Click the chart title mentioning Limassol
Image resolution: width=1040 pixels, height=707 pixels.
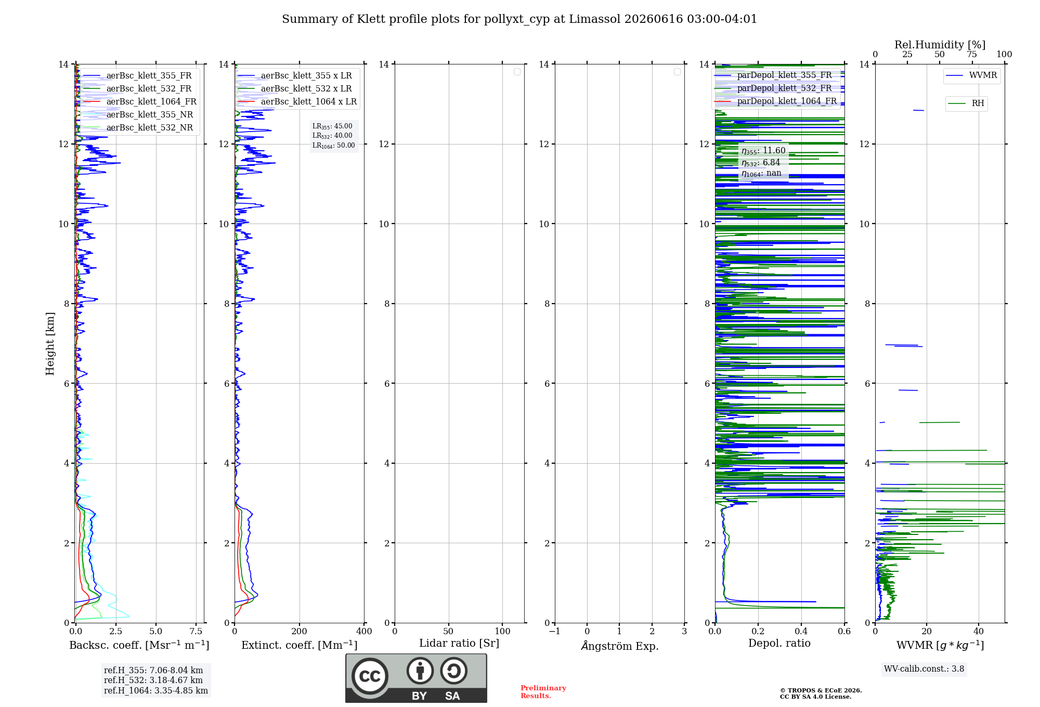[519, 19]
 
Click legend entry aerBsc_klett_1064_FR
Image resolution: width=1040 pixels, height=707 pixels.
[140, 101]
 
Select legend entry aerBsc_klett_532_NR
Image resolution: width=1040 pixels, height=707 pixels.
[138, 127]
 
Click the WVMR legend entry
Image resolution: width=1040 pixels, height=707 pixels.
[971, 75]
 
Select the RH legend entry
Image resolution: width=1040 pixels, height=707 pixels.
[966, 103]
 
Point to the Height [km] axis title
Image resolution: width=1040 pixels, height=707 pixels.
[50, 344]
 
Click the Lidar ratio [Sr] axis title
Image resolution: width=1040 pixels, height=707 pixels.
[459, 643]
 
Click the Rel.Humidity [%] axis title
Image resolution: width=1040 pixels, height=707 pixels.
[940, 45]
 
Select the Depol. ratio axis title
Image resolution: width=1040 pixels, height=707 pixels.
[779, 643]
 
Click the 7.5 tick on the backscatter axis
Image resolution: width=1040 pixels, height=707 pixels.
[196, 631]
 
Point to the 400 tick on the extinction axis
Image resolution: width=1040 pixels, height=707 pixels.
[364, 631]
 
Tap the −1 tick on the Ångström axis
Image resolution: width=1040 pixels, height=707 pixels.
[555, 631]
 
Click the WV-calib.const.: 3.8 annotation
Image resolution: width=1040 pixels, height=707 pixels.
[924, 669]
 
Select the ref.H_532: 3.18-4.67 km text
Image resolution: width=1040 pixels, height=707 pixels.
[153, 680]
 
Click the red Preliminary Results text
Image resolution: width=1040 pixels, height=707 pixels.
[543, 692]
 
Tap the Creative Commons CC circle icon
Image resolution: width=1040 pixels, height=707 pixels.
[370, 676]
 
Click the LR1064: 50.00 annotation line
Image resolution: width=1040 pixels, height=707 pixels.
[334, 146]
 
